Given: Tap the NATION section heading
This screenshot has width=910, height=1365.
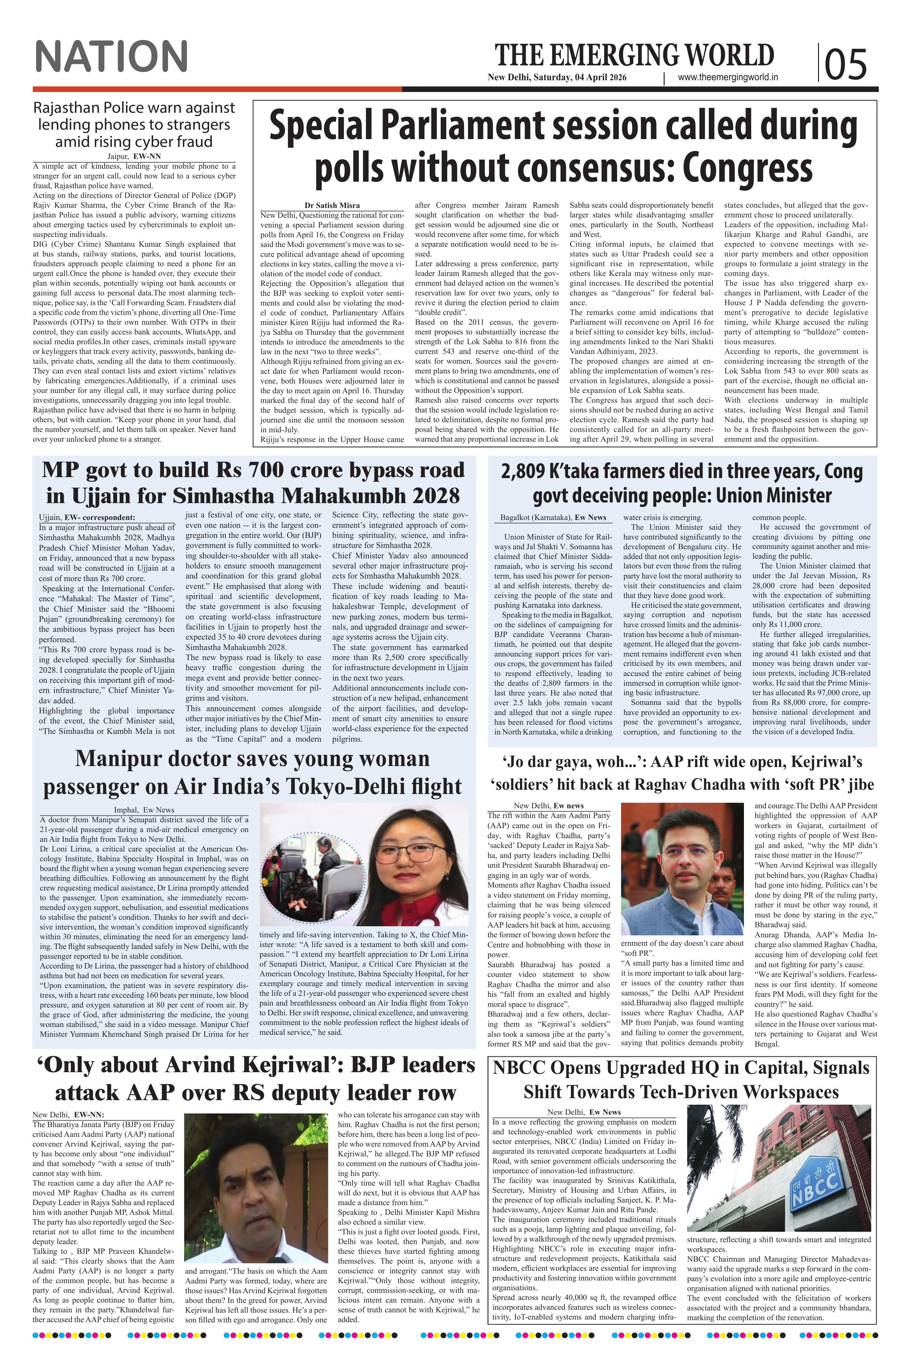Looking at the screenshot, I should pos(111,57).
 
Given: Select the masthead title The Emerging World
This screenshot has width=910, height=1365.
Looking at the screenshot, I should pos(634,56).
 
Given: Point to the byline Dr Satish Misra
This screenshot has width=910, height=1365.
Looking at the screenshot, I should pos(332,205).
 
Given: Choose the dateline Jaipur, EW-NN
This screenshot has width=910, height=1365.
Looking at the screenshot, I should pos(134,157).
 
